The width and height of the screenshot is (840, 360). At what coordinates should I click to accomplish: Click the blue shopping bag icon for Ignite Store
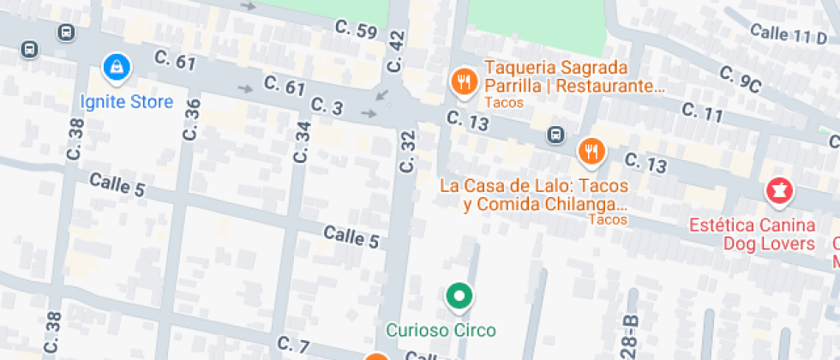tap(115, 65)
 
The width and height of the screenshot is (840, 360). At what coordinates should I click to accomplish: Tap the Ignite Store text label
tap(126, 102)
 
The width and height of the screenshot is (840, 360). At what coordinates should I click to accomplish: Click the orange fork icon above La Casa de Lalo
tap(591, 152)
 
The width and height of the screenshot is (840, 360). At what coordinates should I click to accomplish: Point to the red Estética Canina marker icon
tap(779, 193)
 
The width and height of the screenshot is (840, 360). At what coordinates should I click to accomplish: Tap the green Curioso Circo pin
tap(459, 297)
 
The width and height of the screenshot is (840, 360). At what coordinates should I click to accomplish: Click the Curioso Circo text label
tap(441, 329)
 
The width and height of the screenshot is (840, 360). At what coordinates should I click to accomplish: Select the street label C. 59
tap(356, 31)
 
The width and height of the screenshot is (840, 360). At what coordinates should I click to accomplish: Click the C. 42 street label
tap(395, 51)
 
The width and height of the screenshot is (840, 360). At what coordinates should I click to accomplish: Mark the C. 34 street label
tap(302, 142)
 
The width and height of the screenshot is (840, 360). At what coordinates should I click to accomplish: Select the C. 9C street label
tap(741, 81)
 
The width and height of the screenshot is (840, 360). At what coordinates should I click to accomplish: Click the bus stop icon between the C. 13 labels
tap(555, 135)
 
